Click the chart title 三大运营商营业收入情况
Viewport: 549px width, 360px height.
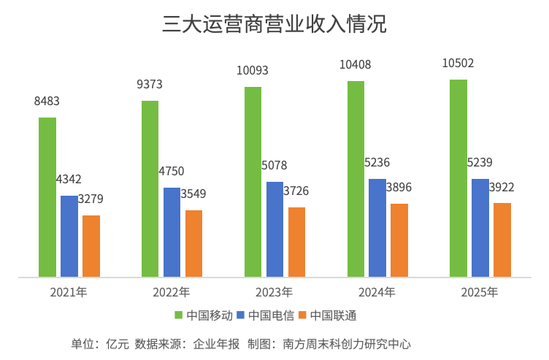tap(274, 24)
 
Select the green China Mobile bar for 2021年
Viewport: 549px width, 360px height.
tap(47, 197)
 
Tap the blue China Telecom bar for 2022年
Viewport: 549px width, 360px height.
tap(172, 232)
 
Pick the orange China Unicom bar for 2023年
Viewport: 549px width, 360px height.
tap(296, 242)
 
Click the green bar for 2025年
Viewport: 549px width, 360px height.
tap(458, 178)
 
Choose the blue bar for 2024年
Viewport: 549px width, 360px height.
tap(377, 228)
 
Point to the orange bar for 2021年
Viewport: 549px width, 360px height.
tap(91, 246)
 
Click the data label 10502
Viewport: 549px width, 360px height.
tap(458, 63)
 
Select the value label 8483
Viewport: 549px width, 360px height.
tap(47, 102)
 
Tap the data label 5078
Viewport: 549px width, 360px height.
tap(274, 165)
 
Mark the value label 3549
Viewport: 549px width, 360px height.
tap(193, 194)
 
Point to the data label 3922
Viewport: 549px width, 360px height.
tap(502, 188)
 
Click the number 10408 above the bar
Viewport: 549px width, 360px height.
tap(355, 64)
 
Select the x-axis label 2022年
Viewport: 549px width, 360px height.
tap(172, 292)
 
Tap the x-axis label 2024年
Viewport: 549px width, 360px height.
tap(377, 292)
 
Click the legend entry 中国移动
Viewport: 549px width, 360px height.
tap(204, 315)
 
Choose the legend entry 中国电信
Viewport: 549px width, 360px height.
tap(266, 315)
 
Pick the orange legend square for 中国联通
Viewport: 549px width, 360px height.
tap(302, 315)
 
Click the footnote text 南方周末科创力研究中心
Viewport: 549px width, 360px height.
tap(347, 344)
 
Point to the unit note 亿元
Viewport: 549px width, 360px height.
tap(118, 344)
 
